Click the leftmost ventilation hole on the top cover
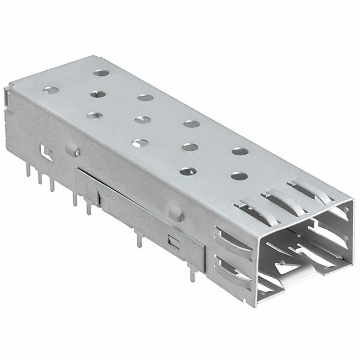point(92,115)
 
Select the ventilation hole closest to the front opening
point(238,175)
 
